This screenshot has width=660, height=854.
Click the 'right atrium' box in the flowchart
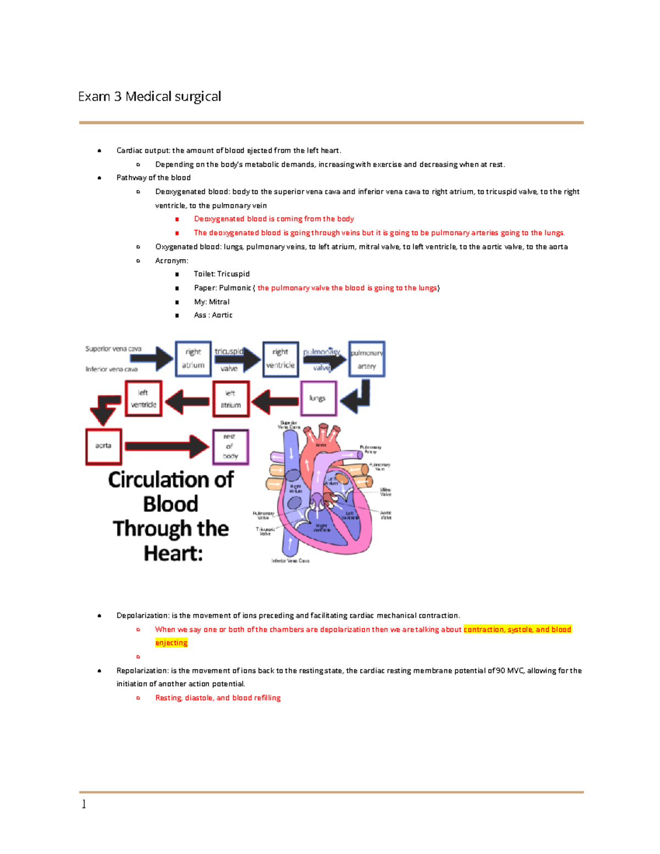193,359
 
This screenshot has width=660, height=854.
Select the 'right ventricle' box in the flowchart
280,359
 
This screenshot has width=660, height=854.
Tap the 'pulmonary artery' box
367,359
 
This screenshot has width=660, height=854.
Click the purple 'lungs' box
318,399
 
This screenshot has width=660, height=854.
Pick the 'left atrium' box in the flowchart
231,399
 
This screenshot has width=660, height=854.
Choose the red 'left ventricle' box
144,399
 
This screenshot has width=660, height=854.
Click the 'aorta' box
103,446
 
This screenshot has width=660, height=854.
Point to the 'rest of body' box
230,447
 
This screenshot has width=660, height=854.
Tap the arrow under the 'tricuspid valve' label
237,360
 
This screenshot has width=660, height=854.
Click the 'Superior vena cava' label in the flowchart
113,349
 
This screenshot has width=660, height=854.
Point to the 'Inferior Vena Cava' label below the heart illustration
290,561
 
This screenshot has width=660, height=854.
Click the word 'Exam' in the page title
94,97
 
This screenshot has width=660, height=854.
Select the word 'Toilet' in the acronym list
204,274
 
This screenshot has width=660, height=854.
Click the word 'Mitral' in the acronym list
219,302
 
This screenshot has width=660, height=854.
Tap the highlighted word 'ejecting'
171,643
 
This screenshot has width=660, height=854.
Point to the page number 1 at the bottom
84,805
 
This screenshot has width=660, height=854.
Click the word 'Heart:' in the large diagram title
173,553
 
